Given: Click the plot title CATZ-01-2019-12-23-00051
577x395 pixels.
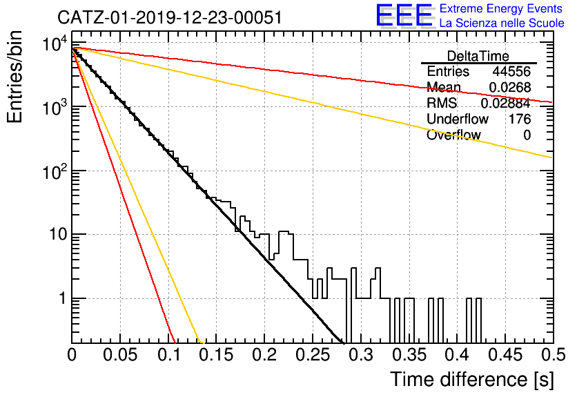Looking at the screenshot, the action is [170, 18].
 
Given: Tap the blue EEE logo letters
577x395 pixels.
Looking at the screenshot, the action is [404, 15].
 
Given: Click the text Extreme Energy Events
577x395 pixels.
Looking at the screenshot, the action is [501, 8].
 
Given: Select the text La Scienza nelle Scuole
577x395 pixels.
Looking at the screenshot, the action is [502, 23].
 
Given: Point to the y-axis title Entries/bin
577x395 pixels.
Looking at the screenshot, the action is [14, 77].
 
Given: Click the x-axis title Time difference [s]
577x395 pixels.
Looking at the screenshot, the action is [472, 379].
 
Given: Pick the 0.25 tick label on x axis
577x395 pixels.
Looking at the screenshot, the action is [313, 355].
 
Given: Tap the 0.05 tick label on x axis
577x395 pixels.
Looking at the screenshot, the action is [120, 355].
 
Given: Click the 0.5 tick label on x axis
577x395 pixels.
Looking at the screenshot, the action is [553, 355].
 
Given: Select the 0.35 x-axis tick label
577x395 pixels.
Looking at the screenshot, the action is [409, 355].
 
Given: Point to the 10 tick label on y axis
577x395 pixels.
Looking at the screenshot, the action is [59, 234].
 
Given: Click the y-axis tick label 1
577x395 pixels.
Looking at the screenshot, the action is [63, 298].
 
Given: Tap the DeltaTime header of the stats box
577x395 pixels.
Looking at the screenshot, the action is [478, 56].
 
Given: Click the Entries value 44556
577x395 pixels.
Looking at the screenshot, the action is [511, 71].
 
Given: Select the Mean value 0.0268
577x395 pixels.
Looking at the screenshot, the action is [509, 87].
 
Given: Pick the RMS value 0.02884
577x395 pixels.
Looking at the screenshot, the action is [506, 103].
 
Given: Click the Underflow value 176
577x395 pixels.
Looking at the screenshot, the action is [520, 119].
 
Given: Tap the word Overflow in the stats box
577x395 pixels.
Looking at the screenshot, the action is [453, 135].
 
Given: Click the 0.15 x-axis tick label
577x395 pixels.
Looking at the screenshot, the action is [217, 355].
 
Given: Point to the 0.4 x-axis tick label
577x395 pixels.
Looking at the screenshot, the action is [458, 355].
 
